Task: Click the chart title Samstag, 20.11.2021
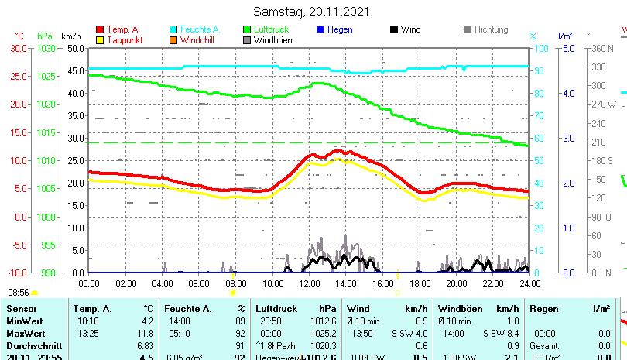(x=312, y=12)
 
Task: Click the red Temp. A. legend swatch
(x=100, y=29)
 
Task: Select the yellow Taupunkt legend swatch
(x=100, y=39)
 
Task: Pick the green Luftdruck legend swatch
(x=247, y=29)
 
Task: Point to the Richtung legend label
(x=491, y=29)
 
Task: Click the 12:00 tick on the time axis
(x=309, y=284)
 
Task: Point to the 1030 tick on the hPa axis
(x=46, y=48)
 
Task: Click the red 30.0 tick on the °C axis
(x=19, y=48)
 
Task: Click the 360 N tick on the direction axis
(x=602, y=48)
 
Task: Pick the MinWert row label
(x=24, y=321)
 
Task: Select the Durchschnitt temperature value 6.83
(x=146, y=345)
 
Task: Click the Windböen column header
(x=457, y=309)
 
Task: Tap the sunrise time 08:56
(x=19, y=292)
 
